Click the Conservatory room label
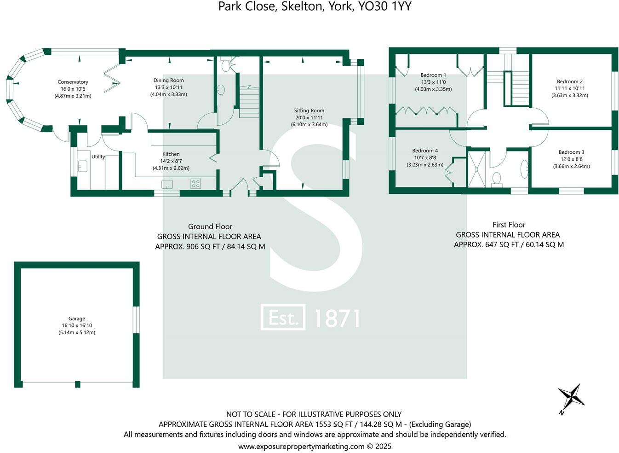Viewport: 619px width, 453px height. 73,82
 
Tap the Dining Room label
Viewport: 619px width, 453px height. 168,80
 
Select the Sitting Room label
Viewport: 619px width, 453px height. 309,110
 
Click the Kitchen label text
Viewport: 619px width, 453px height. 171,154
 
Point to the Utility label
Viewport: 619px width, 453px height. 98,157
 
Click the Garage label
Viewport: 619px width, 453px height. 77,319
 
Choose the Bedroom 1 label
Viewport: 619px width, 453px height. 433,75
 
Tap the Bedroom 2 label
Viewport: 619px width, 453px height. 570,81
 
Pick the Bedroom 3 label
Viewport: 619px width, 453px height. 571,152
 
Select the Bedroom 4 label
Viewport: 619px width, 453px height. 425,151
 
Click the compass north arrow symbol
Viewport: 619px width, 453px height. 571,397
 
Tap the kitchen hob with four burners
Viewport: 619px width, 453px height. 195,184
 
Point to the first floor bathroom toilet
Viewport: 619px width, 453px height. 497,179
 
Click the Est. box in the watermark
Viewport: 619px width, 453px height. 283,317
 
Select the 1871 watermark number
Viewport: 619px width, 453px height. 337,318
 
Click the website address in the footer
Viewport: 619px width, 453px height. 315,446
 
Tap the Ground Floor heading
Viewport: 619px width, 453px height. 210,226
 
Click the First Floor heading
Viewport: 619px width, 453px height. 509,225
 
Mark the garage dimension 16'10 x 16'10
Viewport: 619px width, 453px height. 77,325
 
